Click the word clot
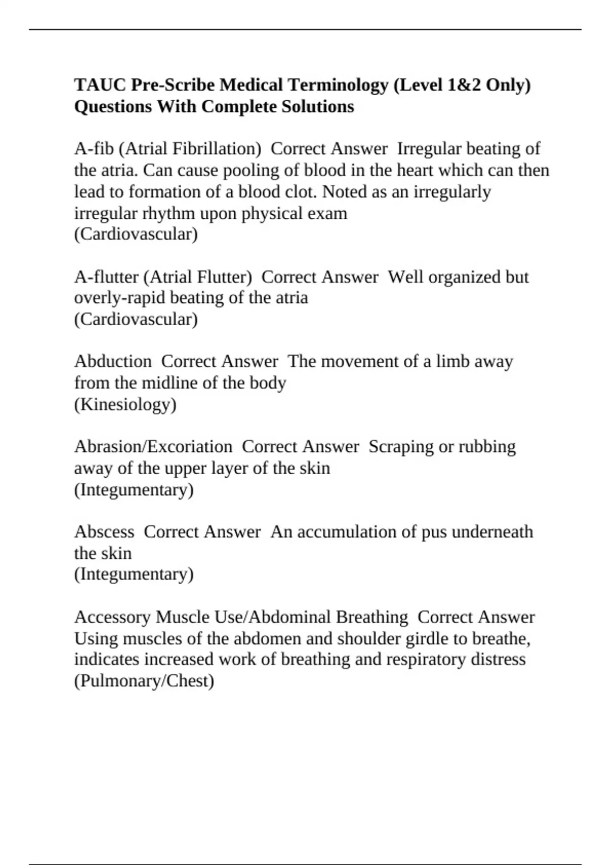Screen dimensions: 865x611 pyautogui.click(x=303, y=192)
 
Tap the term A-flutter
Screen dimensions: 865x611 pyautogui.click(x=106, y=277)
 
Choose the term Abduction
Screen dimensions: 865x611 pyautogui.click(x=113, y=362)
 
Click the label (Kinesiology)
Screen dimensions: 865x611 pyautogui.click(x=125, y=405)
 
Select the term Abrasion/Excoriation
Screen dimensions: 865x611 pyautogui.click(x=153, y=447)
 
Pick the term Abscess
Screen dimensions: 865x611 pyautogui.click(x=104, y=532)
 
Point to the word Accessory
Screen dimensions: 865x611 pyautogui.click(x=113, y=617)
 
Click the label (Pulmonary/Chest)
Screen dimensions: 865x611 pyautogui.click(x=144, y=681)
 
